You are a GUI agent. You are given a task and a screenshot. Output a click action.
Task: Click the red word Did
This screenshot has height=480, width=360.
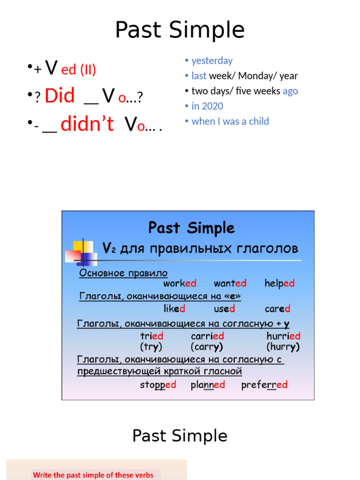click(x=60, y=96)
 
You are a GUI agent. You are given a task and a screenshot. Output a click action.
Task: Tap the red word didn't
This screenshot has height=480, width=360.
click(x=87, y=124)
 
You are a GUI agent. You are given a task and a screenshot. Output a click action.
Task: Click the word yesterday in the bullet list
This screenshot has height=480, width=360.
click(x=212, y=60)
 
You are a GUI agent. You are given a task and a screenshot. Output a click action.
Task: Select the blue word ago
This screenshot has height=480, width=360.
click(x=290, y=91)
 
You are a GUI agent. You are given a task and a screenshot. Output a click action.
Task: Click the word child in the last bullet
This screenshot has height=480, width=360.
click(x=259, y=121)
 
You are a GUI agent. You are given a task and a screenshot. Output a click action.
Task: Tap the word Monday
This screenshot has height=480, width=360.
click(x=257, y=76)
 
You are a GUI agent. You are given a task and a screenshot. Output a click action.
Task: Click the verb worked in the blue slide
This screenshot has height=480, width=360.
click(x=180, y=283)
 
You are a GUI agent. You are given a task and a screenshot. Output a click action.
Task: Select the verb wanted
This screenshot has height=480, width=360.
click(x=230, y=283)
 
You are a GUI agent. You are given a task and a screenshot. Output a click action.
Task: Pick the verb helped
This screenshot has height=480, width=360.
click(x=279, y=283)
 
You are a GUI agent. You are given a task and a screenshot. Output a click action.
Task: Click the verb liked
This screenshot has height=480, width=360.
click(x=174, y=308)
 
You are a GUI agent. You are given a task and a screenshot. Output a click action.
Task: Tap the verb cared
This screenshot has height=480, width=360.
click(x=277, y=308)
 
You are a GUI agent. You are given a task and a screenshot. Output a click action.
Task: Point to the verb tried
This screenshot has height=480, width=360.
click(x=151, y=336)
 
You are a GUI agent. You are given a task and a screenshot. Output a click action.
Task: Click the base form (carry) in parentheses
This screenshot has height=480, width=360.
click(x=207, y=347)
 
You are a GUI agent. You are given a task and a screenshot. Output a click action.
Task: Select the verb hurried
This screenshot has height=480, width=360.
click(x=283, y=336)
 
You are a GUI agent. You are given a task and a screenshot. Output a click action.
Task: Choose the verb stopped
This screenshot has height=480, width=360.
click(x=158, y=385)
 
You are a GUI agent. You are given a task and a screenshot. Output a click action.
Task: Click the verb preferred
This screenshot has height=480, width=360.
click(x=264, y=385)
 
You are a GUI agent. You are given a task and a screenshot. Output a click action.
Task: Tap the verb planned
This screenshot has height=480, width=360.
click(x=208, y=385)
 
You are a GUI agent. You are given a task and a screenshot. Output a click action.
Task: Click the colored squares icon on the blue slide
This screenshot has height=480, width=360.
click(x=81, y=252)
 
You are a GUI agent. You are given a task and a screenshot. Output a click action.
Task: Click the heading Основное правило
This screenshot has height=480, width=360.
click(x=123, y=273)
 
